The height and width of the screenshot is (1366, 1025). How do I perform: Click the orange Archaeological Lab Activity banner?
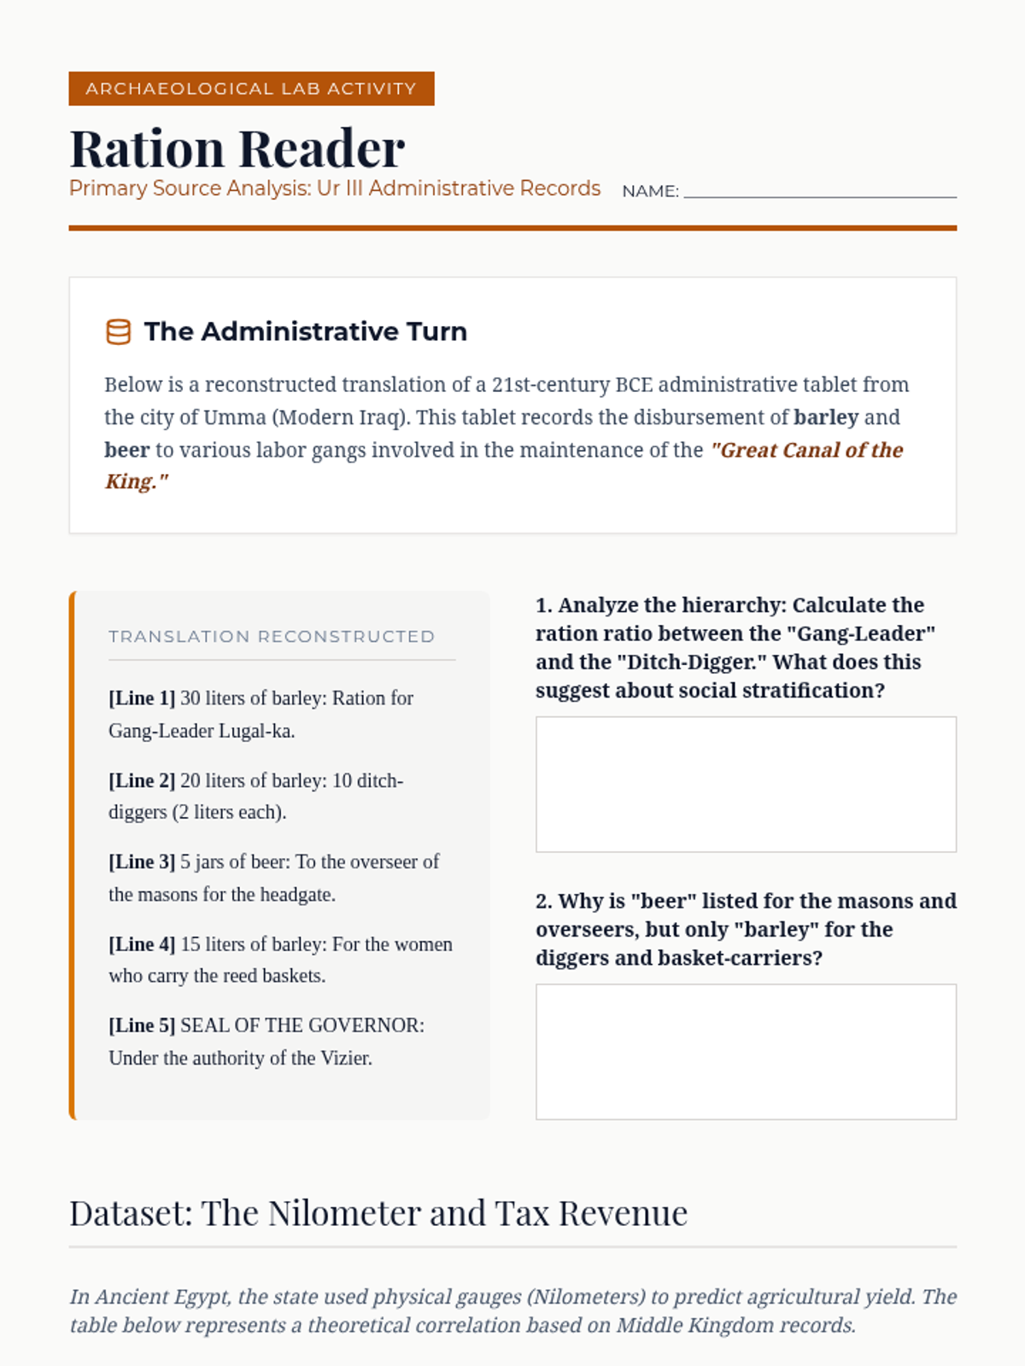click(x=251, y=89)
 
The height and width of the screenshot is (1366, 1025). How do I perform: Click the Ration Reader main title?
click(x=237, y=149)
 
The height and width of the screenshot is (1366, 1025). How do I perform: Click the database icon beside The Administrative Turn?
click(x=118, y=331)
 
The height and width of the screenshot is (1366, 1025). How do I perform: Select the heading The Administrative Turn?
click(x=305, y=331)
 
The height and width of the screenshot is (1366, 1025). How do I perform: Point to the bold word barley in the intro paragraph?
click(x=825, y=417)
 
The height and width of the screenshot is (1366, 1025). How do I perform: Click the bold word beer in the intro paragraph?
click(x=126, y=450)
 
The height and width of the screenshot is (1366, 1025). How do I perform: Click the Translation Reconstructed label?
click(x=272, y=636)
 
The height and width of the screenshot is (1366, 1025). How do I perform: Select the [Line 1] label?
click(x=142, y=698)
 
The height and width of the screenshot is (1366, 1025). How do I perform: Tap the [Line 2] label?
click(x=142, y=780)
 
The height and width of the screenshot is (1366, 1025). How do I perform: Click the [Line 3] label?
click(x=142, y=862)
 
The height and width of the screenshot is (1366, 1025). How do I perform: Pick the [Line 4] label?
click(x=142, y=944)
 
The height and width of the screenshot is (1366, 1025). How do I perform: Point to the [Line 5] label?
click(x=142, y=1025)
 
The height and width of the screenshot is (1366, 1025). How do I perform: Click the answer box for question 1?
click(x=746, y=784)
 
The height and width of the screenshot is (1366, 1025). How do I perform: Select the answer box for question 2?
click(x=746, y=1051)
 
